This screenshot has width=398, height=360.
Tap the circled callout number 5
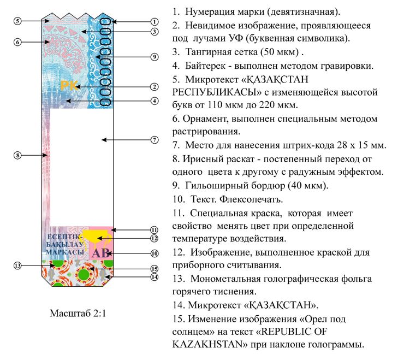tap(17, 21)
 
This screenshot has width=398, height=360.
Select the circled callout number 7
tap(155, 140)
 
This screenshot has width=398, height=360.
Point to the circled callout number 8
tap(17, 155)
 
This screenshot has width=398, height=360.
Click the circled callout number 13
tap(17, 265)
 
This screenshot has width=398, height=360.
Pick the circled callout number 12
tap(155, 238)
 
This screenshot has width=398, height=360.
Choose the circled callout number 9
tap(155, 57)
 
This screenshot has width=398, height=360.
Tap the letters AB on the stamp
tap(100, 253)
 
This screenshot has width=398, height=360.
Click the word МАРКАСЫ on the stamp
tap(64, 252)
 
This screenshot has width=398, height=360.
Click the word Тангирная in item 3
tap(207, 53)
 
